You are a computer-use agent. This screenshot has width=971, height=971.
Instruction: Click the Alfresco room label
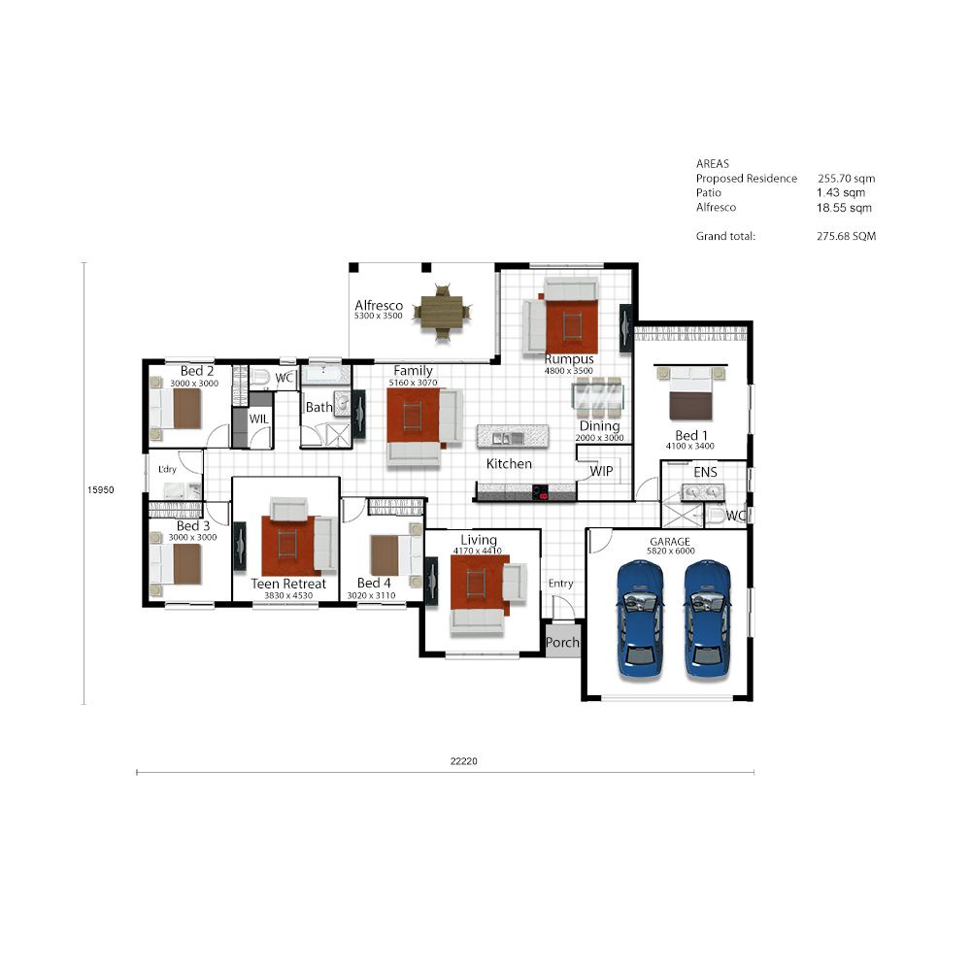379,305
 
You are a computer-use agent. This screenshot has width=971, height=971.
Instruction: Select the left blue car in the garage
640,619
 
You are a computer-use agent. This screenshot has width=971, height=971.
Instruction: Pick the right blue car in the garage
707,619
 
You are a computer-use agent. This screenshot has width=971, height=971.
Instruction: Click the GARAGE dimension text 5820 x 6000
671,552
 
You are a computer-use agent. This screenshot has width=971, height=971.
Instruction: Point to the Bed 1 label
691,435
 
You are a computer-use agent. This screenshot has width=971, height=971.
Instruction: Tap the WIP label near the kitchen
601,471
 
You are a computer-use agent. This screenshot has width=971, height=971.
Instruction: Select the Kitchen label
509,463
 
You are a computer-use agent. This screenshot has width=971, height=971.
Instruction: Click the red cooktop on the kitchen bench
540,492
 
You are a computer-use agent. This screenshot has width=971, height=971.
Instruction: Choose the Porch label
562,643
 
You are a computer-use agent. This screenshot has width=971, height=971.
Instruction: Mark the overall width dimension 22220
464,761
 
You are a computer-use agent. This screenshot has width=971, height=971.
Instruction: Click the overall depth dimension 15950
100,489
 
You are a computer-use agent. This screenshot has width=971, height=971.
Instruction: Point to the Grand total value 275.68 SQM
846,236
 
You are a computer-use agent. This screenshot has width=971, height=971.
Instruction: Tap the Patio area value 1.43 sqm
840,192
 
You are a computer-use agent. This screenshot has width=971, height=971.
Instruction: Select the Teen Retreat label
288,584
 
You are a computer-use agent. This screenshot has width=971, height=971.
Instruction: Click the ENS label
705,472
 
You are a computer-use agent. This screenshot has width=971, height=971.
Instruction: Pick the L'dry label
167,469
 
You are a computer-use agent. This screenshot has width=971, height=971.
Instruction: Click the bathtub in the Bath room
325,375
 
